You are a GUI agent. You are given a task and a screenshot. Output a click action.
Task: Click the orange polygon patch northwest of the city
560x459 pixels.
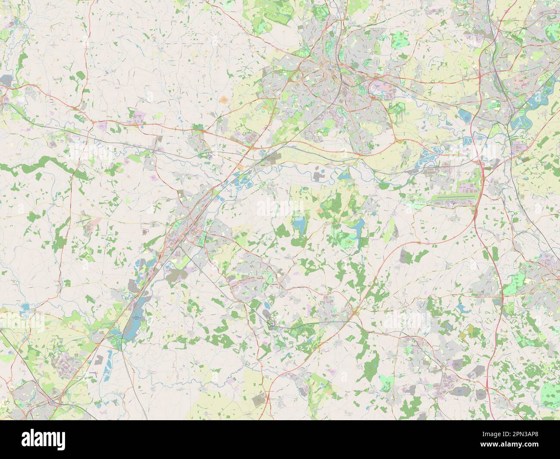(224, 100)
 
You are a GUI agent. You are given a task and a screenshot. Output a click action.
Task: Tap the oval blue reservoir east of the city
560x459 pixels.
(464, 115)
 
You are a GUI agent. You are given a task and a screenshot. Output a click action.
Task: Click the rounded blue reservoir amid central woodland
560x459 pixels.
(298, 224)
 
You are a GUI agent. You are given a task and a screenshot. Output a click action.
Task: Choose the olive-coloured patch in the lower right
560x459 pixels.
(470, 331)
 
